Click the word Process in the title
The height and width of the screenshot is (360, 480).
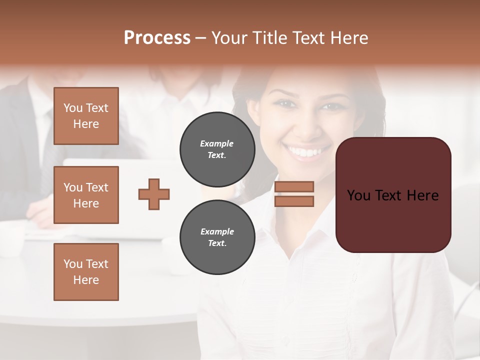point(157,38)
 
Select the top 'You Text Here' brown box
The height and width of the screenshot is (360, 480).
point(86,116)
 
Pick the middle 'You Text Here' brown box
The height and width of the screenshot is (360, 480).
point(86,195)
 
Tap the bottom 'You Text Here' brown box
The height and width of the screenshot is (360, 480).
point(86,272)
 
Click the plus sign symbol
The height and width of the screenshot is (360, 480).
point(154,194)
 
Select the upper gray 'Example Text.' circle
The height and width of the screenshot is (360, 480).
point(217,149)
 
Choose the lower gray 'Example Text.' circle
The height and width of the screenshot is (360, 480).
point(217,237)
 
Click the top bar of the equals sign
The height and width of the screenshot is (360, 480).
point(294,186)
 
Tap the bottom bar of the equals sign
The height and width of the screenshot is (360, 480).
point(294,201)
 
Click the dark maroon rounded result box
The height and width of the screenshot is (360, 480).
point(393,195)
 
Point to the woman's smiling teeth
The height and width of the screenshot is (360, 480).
point(306,151)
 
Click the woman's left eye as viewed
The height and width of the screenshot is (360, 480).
point(283,103)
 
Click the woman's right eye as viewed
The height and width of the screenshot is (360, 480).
point(329,106)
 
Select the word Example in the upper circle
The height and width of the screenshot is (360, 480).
point(217,143)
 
